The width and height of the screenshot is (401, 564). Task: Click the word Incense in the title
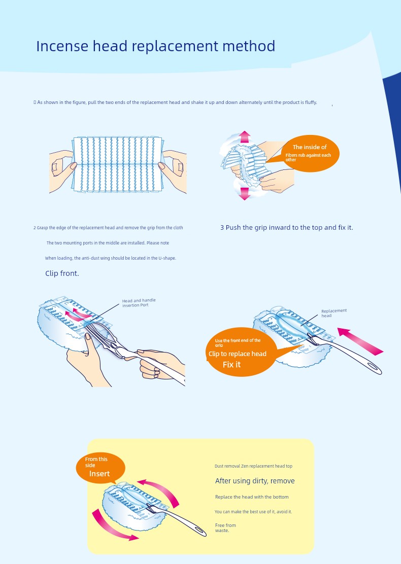click(x=62, y=46)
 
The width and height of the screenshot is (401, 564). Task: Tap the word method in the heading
click(x=249, y=46)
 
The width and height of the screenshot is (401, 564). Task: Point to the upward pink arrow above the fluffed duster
click(x=245, y=136)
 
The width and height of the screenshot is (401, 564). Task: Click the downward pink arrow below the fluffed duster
click(x=245, y=194)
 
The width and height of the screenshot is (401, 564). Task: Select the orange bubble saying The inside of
click(x=310, y=153)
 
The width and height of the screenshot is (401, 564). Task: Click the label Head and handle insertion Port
click(x=139, y=303)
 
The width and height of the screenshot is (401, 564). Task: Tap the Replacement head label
click(x=334, y=313)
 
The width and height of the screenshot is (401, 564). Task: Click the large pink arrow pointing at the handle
click(x=360, y=341)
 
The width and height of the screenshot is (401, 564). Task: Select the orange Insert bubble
click(x=101, y=468)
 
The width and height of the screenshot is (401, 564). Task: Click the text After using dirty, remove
click(x=255, y=481)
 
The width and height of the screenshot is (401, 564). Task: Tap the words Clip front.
click(x=62, y=273)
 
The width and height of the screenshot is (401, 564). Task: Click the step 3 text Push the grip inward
click(x=286, y=228)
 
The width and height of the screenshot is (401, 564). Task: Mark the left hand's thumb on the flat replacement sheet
click(x=71, y=166)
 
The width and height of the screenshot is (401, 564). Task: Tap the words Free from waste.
click(x=225, y=527)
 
